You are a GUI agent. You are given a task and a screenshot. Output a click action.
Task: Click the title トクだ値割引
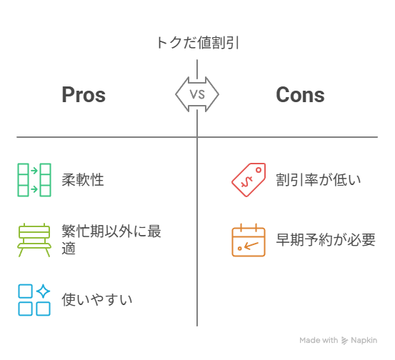click(x=197, y=43)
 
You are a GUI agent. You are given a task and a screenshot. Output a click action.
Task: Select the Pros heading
click(x=84, y=95)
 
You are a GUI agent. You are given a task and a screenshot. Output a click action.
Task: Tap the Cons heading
click(x=300, y=95)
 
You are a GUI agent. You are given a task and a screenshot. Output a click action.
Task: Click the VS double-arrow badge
click(x=197, y=94)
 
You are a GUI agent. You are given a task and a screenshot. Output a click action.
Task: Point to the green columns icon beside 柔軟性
click(x=34, y=180)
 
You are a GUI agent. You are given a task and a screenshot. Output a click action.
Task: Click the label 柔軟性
click(x=83, y=180)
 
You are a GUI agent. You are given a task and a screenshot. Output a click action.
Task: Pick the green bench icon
click(x=34, y=240)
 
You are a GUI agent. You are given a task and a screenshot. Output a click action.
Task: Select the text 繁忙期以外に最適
click(x=111, y=239)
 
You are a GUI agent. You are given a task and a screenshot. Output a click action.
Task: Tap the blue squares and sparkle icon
click(x=34, y=300)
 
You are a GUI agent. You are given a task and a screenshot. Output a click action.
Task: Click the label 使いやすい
click(x=97, y=299)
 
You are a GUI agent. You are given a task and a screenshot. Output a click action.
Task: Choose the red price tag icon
click(x=249, y=180)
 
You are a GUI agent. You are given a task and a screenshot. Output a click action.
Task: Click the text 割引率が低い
click(x=319, y=180)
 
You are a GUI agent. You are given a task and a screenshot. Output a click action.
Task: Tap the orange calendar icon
click(x=249, y=240)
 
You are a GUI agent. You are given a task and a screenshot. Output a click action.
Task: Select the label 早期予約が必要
click(x=326, y=239)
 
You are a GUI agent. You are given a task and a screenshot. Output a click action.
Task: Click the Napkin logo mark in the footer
click(x=344, y=340)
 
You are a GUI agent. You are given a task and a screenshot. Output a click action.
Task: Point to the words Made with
click(x=319, y=340)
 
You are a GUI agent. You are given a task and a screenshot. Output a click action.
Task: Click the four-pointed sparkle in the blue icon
click(x=43, y=291)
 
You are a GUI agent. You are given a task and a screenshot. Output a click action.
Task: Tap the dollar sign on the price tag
click(x=246, y=182)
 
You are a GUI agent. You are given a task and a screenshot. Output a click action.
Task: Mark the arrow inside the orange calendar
click(x=251, y=245)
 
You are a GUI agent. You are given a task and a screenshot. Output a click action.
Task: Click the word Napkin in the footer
click(x=364, y=340)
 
